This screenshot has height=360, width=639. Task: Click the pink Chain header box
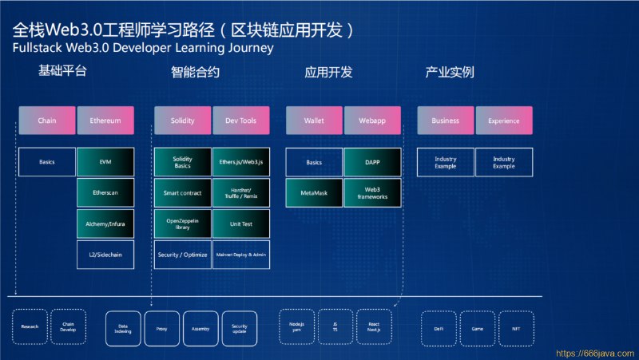pyautogui.click(x=46, y=121)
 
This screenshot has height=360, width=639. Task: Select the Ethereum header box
pyautogui.click(x=105, y=121)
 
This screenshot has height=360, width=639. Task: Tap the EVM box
pyautogui.click(x=105, y=162)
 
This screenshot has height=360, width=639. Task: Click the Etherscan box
pyautogui.click(x=105, y=193)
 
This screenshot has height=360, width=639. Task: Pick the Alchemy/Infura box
pyautogui.click(x=105, y=224)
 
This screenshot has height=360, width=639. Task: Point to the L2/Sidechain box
pyautogui.click(x=105, y=255)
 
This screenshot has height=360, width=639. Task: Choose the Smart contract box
pyautogui.click(x=183, y=193)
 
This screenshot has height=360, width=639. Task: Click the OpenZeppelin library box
pyautogui.click(x=183, y=224)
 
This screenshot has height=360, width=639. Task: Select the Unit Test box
pyautogui.click(x=241, y=224)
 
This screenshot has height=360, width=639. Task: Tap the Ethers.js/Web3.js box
pyautogui.click(x=241, y=162)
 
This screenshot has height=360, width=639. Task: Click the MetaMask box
pyautogui.click(x=315, y=193)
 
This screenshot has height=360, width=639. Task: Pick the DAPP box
pyautogui.click(x=372, y=162)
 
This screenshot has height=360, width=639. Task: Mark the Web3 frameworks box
pyautogui.click(x=372, y=193)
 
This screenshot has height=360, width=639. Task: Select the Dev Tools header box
pyautogui.click(x=241, y=121)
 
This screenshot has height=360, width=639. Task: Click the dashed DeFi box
pyautogui.click(x=439, y=327)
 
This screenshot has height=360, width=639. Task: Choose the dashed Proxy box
pyautogui.click(x=162, y=327)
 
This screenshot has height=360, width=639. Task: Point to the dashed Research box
pyautogui.click(x=30, y=327)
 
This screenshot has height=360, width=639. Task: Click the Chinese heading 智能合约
pyautogui.click(x=195, y=73)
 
